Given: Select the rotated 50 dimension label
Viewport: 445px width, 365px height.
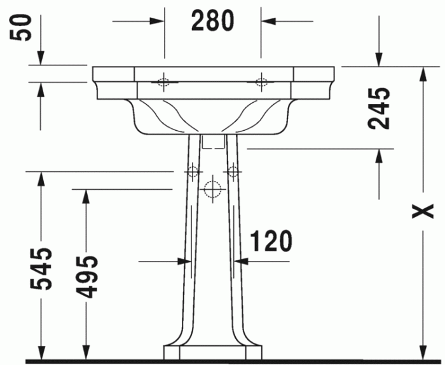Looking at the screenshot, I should (24, 28).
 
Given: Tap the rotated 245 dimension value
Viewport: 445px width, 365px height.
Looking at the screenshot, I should (380, 108).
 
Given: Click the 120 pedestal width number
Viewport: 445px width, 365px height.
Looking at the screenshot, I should (271, 241).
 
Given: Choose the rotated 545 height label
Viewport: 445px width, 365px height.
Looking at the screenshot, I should (43, 269).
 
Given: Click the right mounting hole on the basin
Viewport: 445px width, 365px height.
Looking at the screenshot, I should (261, 81).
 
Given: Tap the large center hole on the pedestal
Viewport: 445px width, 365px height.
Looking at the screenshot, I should (212, 189).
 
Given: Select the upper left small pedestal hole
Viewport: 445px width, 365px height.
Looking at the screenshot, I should (192, 171).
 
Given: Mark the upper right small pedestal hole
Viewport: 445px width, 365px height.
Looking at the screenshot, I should (233, 171).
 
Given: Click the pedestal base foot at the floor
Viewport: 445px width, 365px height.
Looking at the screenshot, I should (212, 352).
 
